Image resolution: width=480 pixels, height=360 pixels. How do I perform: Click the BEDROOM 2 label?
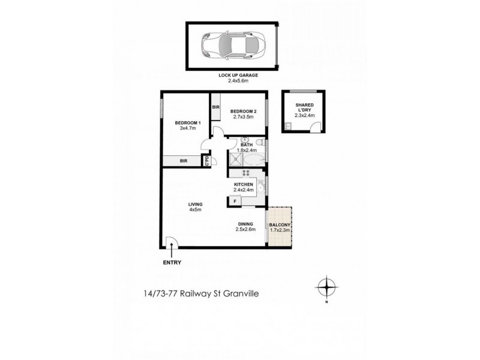pos(244,111)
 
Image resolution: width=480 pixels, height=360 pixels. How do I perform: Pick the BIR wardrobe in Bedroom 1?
pos(184,160)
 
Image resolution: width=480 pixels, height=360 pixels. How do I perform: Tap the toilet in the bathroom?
pos(259,143)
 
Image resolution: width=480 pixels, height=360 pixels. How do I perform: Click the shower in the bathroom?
pos(234,160)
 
